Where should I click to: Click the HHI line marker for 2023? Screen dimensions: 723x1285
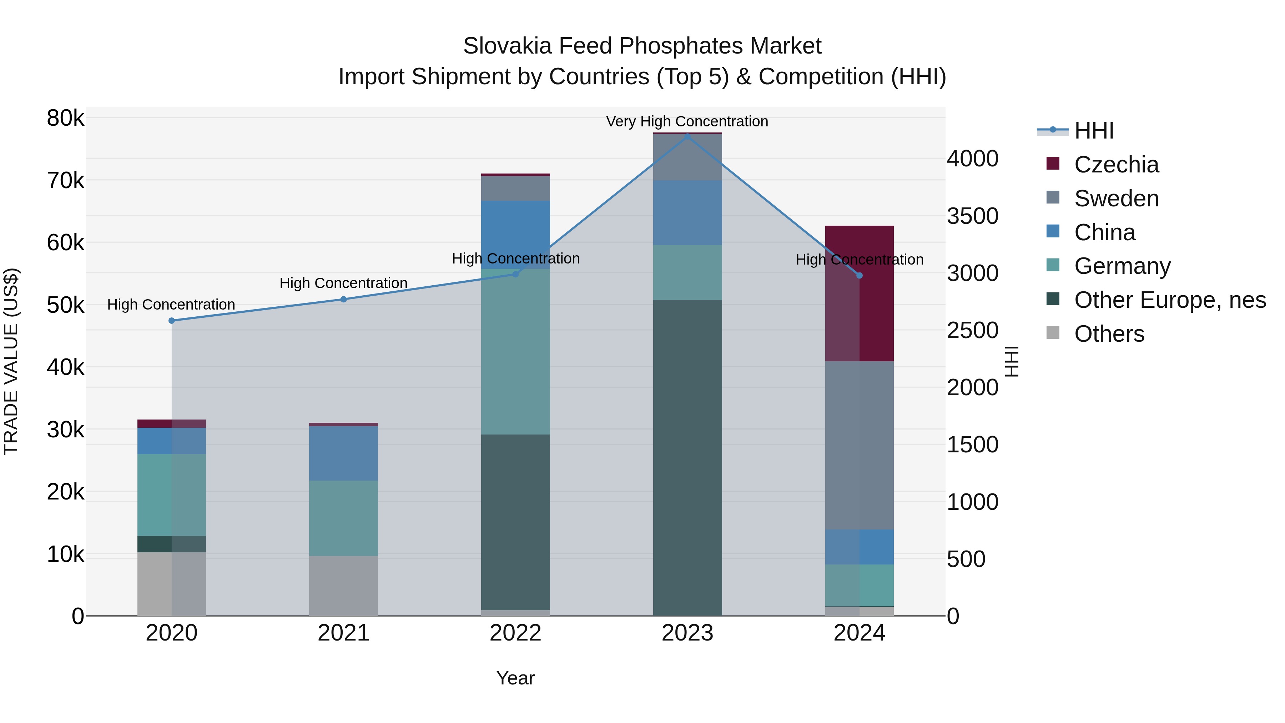point(687,136)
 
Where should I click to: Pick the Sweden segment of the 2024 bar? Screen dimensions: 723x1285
point(859,445)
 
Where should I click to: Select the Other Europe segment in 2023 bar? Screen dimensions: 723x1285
point(687,458)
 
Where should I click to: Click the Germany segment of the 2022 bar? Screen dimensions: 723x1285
point(515,352)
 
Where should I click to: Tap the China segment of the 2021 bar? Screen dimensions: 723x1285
point(343,453)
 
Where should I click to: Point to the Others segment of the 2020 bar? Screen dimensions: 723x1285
point(172,584)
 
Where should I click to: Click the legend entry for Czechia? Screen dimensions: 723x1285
point(1116,165)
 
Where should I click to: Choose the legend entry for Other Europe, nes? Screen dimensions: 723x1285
point(1169,300)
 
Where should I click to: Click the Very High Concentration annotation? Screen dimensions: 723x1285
point(687,121)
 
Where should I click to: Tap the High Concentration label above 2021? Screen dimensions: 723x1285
point(343,283)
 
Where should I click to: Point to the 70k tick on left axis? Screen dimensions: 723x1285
point(65,181)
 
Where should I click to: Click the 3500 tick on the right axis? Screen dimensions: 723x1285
point(972,216)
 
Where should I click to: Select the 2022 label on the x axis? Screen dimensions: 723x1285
point(515,633)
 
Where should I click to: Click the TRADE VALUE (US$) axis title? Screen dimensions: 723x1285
point(11,361)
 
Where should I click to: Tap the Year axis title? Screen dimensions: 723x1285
point(515,678)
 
